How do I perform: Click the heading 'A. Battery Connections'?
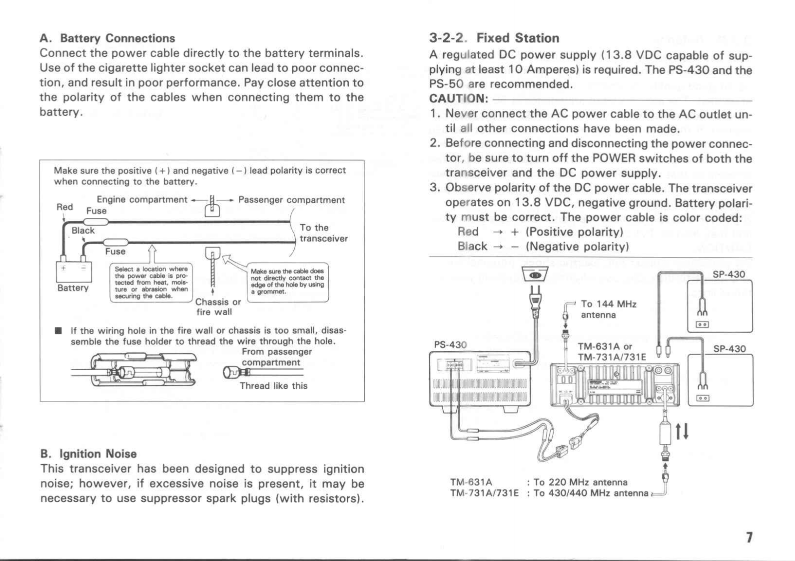tap(107, 38)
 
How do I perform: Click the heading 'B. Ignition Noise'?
tap(88, 454)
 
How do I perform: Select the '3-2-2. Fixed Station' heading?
tap(494, 38)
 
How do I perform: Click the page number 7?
tap(749, 537)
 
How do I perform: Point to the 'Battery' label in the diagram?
tap(73, 288)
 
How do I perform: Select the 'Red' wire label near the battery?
tap(64, 207)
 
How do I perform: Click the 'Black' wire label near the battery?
tap(83, 230)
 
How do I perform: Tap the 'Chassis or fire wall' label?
tap(218, 307)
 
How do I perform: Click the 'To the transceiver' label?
tap(323, 233)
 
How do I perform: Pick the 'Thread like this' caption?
tap(273, 386)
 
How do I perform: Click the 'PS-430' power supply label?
tap(450, 345)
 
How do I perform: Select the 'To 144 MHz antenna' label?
tap(608, 309)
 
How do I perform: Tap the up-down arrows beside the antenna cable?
tap(683, 430)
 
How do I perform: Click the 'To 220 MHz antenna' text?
tap(580, 482)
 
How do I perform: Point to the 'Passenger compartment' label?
tap(291, 200)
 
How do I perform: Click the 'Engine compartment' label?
tap(142, 199)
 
